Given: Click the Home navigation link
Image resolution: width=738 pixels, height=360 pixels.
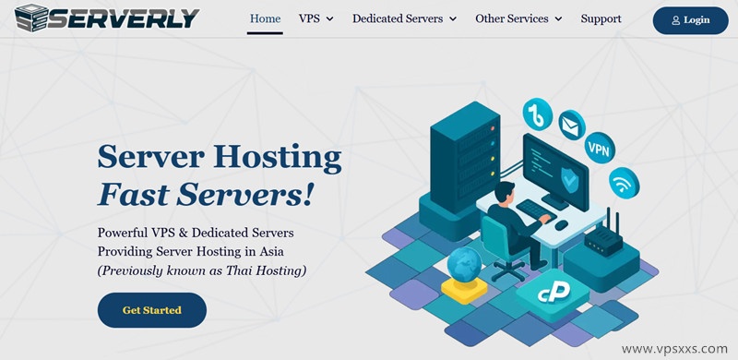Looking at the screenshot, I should point(265,18).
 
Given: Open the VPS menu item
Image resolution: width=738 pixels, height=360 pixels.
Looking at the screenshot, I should point(315,18).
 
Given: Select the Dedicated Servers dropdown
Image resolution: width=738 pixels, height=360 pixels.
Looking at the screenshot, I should point(404,18).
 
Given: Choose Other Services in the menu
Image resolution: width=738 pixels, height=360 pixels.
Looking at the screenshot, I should point(518,18).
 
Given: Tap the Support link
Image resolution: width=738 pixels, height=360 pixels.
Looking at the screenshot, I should point(601,18).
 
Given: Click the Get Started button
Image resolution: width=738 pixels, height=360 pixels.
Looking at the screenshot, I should point(151,310).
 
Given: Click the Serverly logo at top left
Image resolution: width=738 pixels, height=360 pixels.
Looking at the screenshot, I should point(107,18).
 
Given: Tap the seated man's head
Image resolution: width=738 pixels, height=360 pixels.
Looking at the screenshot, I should point(504,192).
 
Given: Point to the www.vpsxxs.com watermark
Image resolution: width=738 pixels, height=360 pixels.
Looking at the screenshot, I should point(675,350).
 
